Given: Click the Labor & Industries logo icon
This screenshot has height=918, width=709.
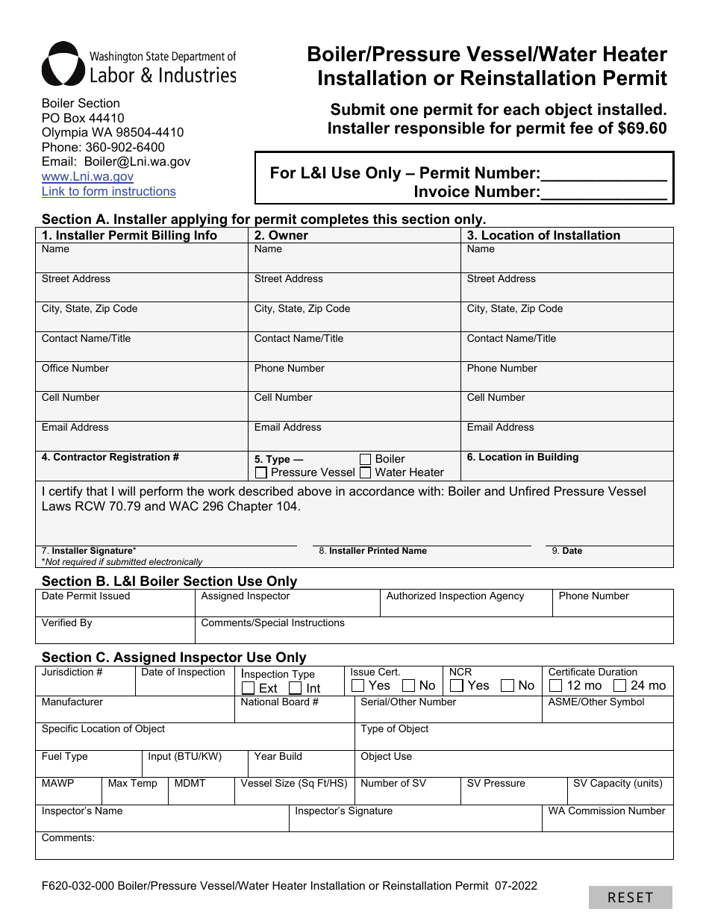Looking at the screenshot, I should coord(63,64).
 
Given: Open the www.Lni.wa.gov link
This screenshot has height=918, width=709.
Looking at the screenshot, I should coord(87,177).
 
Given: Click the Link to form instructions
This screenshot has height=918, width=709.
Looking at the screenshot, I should coord(108,192).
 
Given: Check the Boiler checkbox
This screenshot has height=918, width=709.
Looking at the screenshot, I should coord(366,459).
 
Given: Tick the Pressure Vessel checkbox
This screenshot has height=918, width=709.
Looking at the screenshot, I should coord(261,472).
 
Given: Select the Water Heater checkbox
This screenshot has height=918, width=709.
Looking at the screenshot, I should coord(366,472).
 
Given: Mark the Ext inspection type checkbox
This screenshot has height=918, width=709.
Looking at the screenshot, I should coord(249,688).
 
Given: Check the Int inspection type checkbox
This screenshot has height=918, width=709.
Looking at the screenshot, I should coord(296,688).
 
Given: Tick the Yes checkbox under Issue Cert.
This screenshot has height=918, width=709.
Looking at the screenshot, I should coord(358,685).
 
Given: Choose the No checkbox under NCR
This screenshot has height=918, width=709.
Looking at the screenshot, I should coord(507,685).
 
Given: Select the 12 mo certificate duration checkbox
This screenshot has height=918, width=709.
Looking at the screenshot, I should coord(556,685).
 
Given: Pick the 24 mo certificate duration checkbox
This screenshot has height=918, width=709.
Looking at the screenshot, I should coord(620,685).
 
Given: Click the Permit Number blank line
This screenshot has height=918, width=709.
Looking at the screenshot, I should coord(603,175).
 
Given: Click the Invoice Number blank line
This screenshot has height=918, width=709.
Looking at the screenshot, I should coord(603,193).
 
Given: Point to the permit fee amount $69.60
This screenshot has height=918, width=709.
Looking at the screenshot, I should coord(642,128).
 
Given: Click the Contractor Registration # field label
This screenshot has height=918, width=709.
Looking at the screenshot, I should coord(110,457).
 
